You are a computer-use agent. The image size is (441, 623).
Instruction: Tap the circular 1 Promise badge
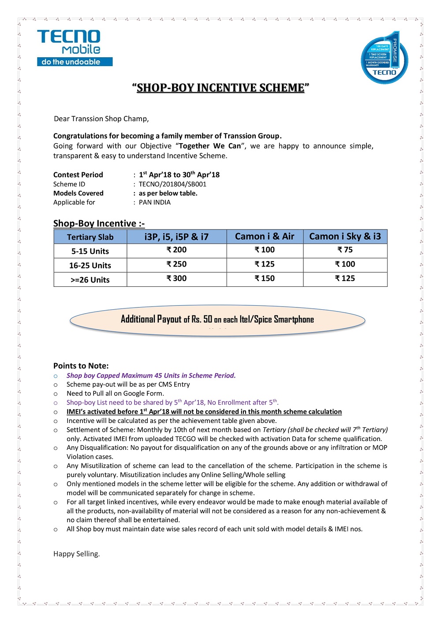coord(384,59)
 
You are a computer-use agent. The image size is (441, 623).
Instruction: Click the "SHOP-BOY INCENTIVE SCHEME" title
coord(220,88)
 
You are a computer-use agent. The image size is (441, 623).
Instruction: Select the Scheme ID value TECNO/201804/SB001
coord(172,184)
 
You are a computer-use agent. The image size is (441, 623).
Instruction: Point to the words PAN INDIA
coord(155,202)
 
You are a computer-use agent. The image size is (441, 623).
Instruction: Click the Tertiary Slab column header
coord(90,237)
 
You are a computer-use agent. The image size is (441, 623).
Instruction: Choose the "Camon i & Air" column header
coord(265,237)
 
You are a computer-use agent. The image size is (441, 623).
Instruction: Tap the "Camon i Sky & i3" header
coord(345,237)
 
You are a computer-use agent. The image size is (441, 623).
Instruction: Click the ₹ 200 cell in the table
coord(176,250)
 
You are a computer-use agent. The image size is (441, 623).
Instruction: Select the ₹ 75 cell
coord(345,250)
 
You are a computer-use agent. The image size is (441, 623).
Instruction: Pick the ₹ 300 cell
coord(176,278)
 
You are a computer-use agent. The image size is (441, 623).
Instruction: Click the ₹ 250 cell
coord(176,264)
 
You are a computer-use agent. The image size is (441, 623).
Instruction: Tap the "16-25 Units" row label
coord(90,265)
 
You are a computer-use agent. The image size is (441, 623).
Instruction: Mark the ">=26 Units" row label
coord(90,280)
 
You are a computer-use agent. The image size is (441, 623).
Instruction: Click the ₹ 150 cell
coord(265,278)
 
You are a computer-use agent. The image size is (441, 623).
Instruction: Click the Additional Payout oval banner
coord(217,320)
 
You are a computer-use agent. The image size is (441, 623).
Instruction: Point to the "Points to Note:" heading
coord(81,366)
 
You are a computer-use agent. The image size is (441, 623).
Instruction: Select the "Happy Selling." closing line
coord(77,554)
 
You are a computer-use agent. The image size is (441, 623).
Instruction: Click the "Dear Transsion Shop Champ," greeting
coord(101,119)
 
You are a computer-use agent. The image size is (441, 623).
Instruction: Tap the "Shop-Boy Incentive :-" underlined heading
coord(99,223)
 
